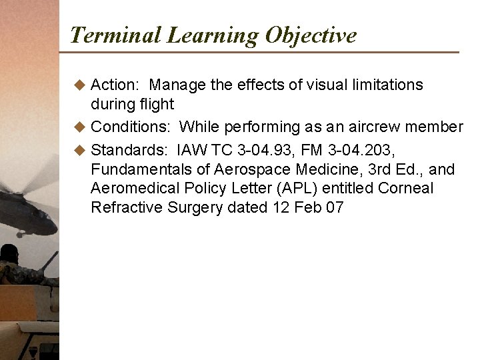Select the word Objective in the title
coord(311,35)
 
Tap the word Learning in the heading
coord(213,35)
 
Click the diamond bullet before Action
coord(80,85)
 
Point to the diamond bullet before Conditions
coord(80,127)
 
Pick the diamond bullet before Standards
coord(80,147)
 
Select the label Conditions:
coord(131,127)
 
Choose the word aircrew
coord(375,127)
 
